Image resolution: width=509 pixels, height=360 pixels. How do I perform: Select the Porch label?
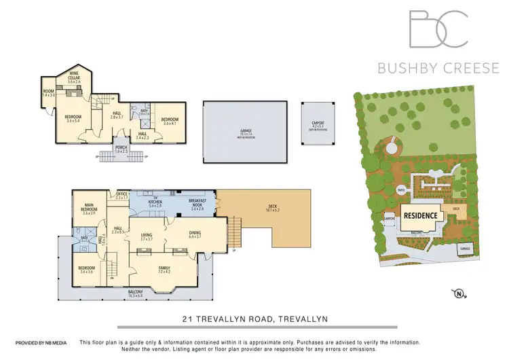click(x=121, y=149)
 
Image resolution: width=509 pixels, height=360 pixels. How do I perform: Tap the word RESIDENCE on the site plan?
click(x=421, y=215)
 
